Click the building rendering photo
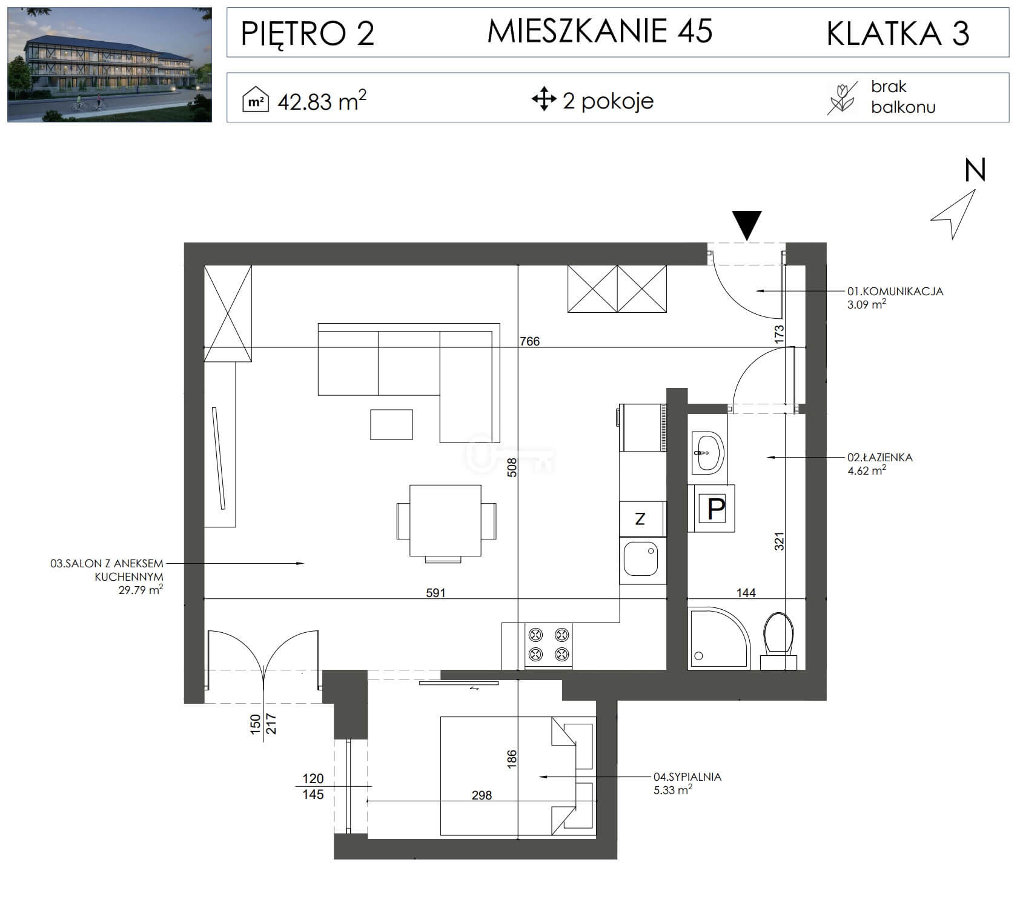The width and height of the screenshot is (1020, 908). (110, 65)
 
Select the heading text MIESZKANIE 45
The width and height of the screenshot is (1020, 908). (600, 31)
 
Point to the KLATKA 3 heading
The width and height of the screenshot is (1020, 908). (898, 33)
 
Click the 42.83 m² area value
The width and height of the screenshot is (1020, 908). (322, 100)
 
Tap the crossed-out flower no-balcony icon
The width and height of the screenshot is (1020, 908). (842, 98)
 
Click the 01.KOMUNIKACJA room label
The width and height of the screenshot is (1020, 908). (895, 291)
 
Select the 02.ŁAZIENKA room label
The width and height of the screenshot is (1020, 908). (879, 458)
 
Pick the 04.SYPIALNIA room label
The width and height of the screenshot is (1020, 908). (687, 776)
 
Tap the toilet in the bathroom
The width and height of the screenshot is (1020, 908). (778, 641)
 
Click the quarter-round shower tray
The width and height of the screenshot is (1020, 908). (719, 638)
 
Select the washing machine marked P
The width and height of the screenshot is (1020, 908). (712, 508)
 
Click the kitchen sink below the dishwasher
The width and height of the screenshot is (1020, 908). (642, 560)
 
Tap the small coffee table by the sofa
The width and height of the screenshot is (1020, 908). (391, 424)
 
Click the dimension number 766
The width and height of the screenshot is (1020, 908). (529, 341)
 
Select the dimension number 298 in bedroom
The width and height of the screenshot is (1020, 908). (482, 795)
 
